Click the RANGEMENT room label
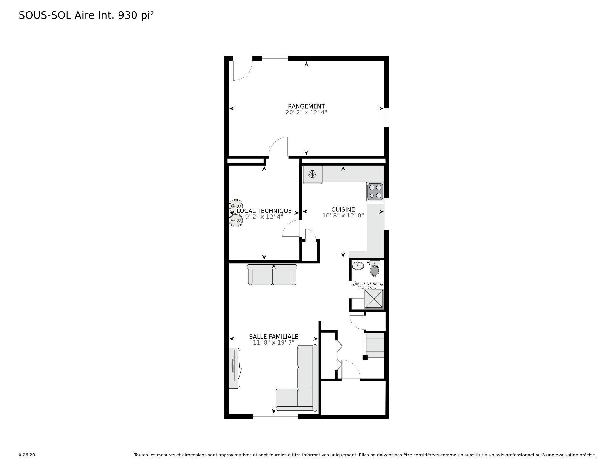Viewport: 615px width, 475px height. [306, 106]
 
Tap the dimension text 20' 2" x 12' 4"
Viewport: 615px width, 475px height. [306, 112]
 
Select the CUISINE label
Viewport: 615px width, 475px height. [343, 210]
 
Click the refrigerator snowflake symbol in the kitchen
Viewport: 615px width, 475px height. [312, 174]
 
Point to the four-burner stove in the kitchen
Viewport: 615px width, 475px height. [375, 192]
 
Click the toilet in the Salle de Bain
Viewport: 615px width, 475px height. [374, 269]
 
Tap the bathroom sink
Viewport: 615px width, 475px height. [357, 266]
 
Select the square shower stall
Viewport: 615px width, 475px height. [374, 299]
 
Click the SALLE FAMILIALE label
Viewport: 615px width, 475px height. [274, 337]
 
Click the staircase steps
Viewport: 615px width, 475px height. [375, 346]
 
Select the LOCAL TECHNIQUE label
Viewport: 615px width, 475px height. [264, 211]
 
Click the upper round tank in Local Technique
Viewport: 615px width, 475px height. [235, 206]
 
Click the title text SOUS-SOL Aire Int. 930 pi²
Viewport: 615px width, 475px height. [86, 15]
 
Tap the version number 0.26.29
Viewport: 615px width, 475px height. [27, 455]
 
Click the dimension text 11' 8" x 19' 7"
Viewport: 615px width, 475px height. [274, 343]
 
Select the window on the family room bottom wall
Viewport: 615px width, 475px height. [275, 417]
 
